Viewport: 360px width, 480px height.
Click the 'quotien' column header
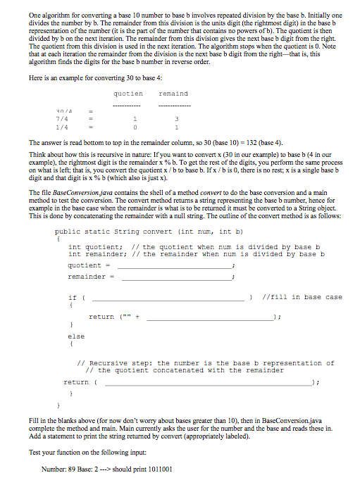tap(128, 94)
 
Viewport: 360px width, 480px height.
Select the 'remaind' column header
tap(173, 94)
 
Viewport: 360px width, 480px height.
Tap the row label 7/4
tap(63, 119)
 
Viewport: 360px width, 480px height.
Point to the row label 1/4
tap(63, 128)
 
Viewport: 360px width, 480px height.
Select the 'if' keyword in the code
tap(73, 297)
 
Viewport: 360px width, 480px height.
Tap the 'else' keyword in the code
tap(75, 336)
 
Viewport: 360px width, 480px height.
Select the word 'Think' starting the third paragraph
tap(38, 153)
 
